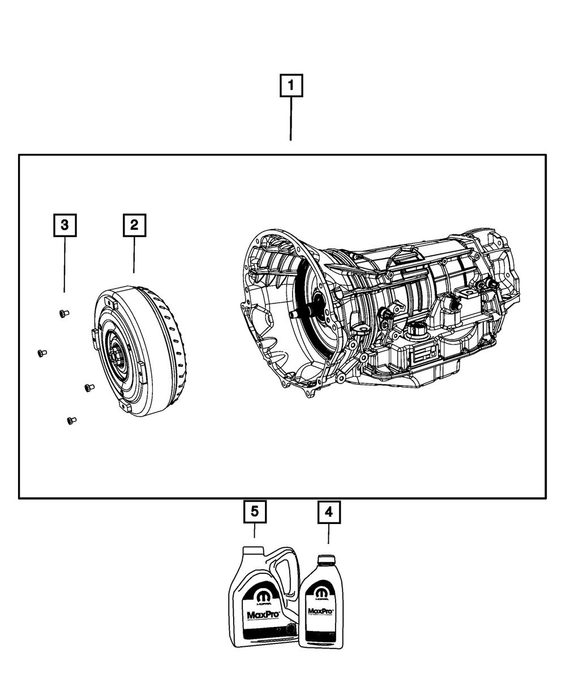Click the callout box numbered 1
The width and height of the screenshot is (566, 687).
click(291, 87)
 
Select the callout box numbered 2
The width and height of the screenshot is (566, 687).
click(134, 225)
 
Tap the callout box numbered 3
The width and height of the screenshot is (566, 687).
click(65, 225)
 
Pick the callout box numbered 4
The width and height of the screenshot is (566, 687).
click(329, 512)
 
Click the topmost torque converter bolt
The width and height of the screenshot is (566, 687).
click(63, 313)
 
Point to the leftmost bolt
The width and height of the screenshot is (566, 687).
click(41, 353)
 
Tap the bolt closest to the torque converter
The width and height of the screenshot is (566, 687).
click(88, 388)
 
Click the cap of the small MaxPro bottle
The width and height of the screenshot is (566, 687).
click(325, 560)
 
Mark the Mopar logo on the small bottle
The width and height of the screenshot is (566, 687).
click(321, 592)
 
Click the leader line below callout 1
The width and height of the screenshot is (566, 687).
click(291, 119)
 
